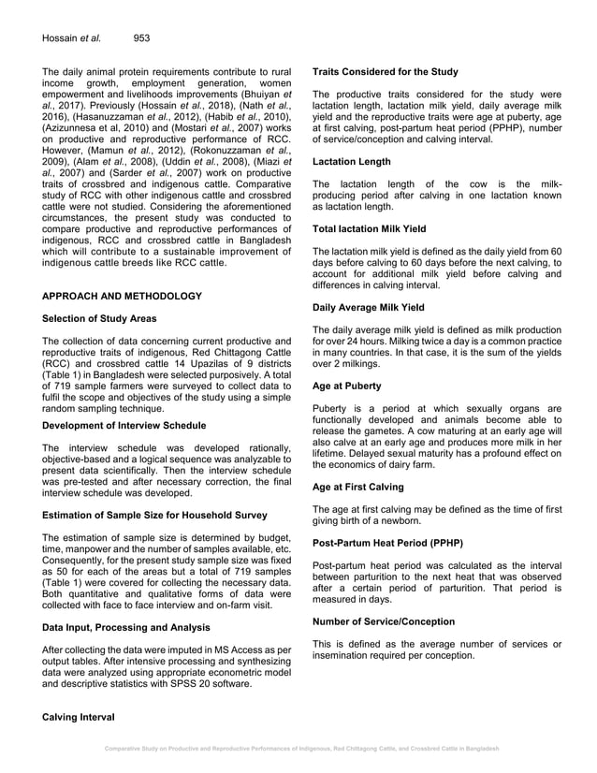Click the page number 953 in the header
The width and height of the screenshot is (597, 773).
pyautogui.click(x=142, y=38)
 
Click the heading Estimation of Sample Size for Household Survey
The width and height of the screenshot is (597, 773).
pyautogui.click(x=154, y=515)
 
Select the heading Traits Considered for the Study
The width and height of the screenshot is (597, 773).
pyautogui.click(x=386, y=71)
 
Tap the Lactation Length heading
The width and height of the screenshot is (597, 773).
pyautogui.click(x=352, y=162)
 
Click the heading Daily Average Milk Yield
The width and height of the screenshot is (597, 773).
pyautogui.click(x=369, y=307)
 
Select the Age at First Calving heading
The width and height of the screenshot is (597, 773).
pyautogui.click(x=358, y=487)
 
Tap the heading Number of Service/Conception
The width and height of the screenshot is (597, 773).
pyautogui.click(x=384, y=621)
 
